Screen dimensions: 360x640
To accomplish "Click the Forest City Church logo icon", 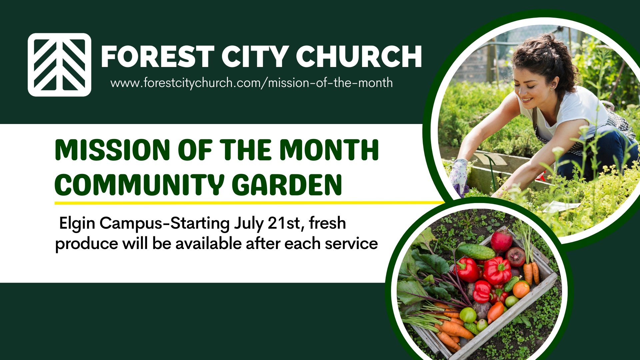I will pos(59,65).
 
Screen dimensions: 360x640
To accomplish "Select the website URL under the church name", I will pos(252,83).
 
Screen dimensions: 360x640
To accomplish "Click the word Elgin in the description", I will pos(77,224).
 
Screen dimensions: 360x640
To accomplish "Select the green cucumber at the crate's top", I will pos(476,252).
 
